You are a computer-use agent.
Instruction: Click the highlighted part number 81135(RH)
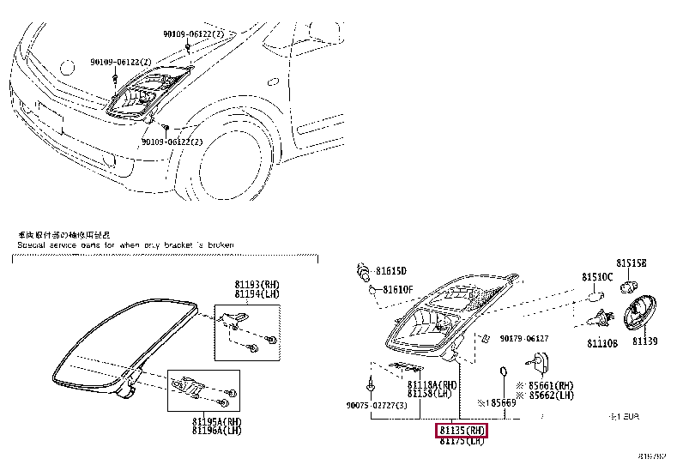(x=462, y=430)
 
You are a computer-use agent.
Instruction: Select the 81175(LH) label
(x=462, y=441)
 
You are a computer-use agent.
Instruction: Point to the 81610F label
(x=398, y=289)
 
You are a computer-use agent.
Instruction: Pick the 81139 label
(x=644, y=341)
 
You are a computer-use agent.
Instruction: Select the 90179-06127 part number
(x=524, y=339)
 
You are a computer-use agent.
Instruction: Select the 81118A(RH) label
(x=432, y=384)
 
